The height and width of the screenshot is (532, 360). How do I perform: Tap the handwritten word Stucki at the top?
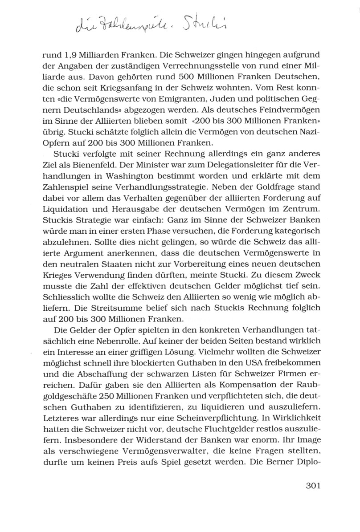click(208, 31)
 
